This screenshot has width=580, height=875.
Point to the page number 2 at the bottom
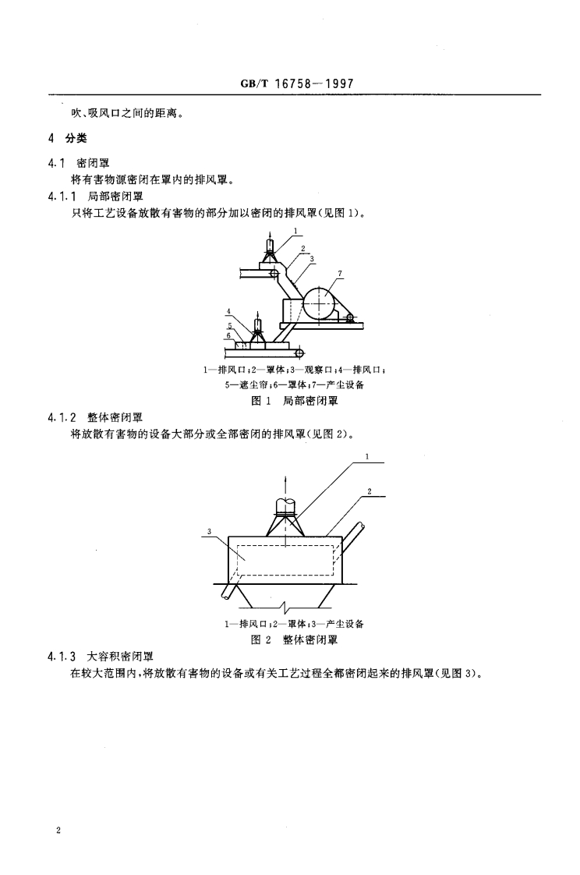point(58,832)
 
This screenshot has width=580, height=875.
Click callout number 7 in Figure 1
point(340,273)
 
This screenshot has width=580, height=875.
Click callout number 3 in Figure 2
point(209,531)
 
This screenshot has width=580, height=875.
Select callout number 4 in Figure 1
point(228,310)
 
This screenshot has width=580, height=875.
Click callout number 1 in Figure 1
point(295,229)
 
